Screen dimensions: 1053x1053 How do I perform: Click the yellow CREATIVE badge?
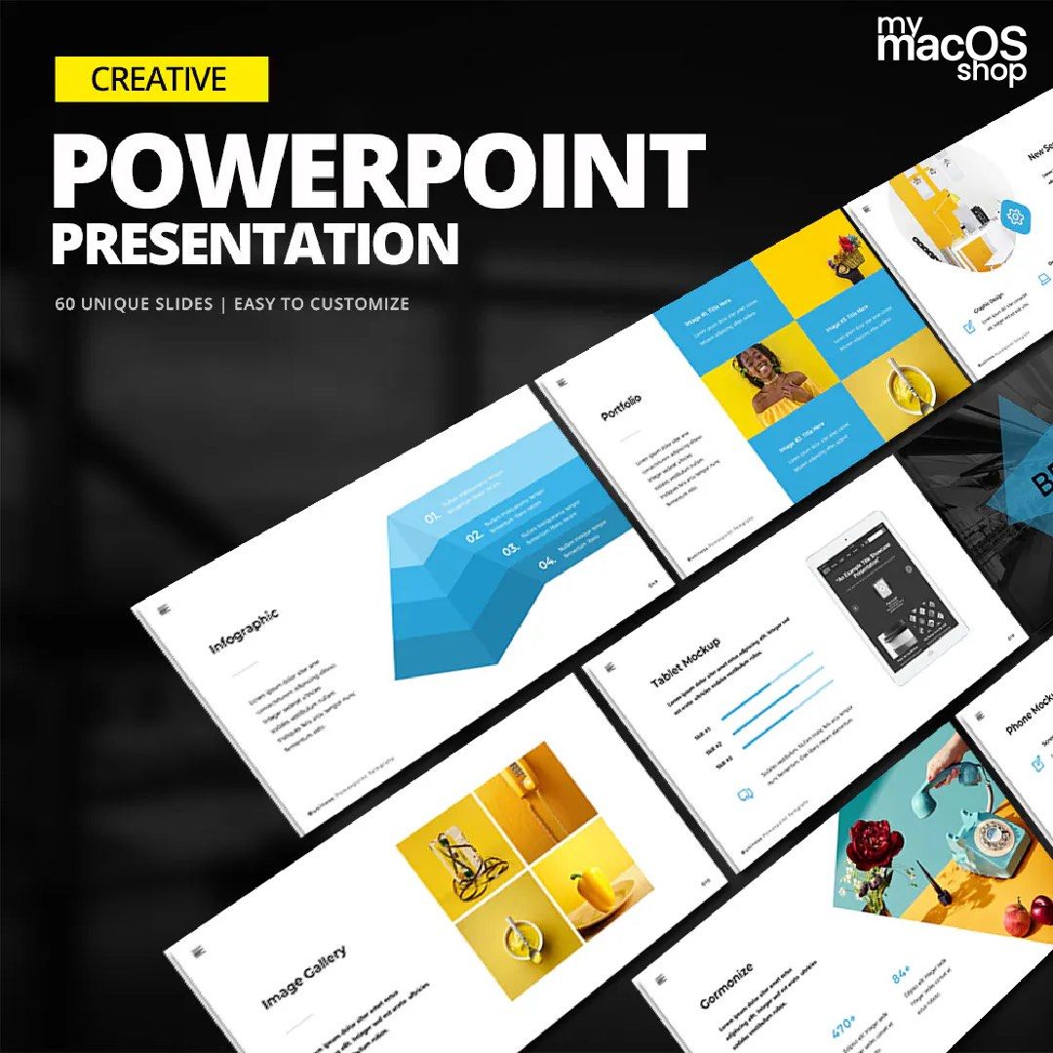tap(162, 79)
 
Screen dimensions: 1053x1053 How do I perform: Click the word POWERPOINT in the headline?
tap(378, 169)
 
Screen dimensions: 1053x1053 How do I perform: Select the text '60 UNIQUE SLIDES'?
tap(134, 304)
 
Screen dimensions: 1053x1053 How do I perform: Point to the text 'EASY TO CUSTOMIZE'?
tap(322, 304)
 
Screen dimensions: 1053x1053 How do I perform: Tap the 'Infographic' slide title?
tap(244, 631)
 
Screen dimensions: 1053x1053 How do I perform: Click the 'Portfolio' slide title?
tap(621, 407)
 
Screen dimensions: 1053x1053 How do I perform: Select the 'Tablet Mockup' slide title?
tap(686, 663)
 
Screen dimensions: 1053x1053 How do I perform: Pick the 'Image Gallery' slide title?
tap(303, 975)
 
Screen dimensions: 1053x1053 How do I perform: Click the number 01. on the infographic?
tap(433, 517)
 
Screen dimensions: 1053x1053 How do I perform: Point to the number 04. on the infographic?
tap(547, 564)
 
